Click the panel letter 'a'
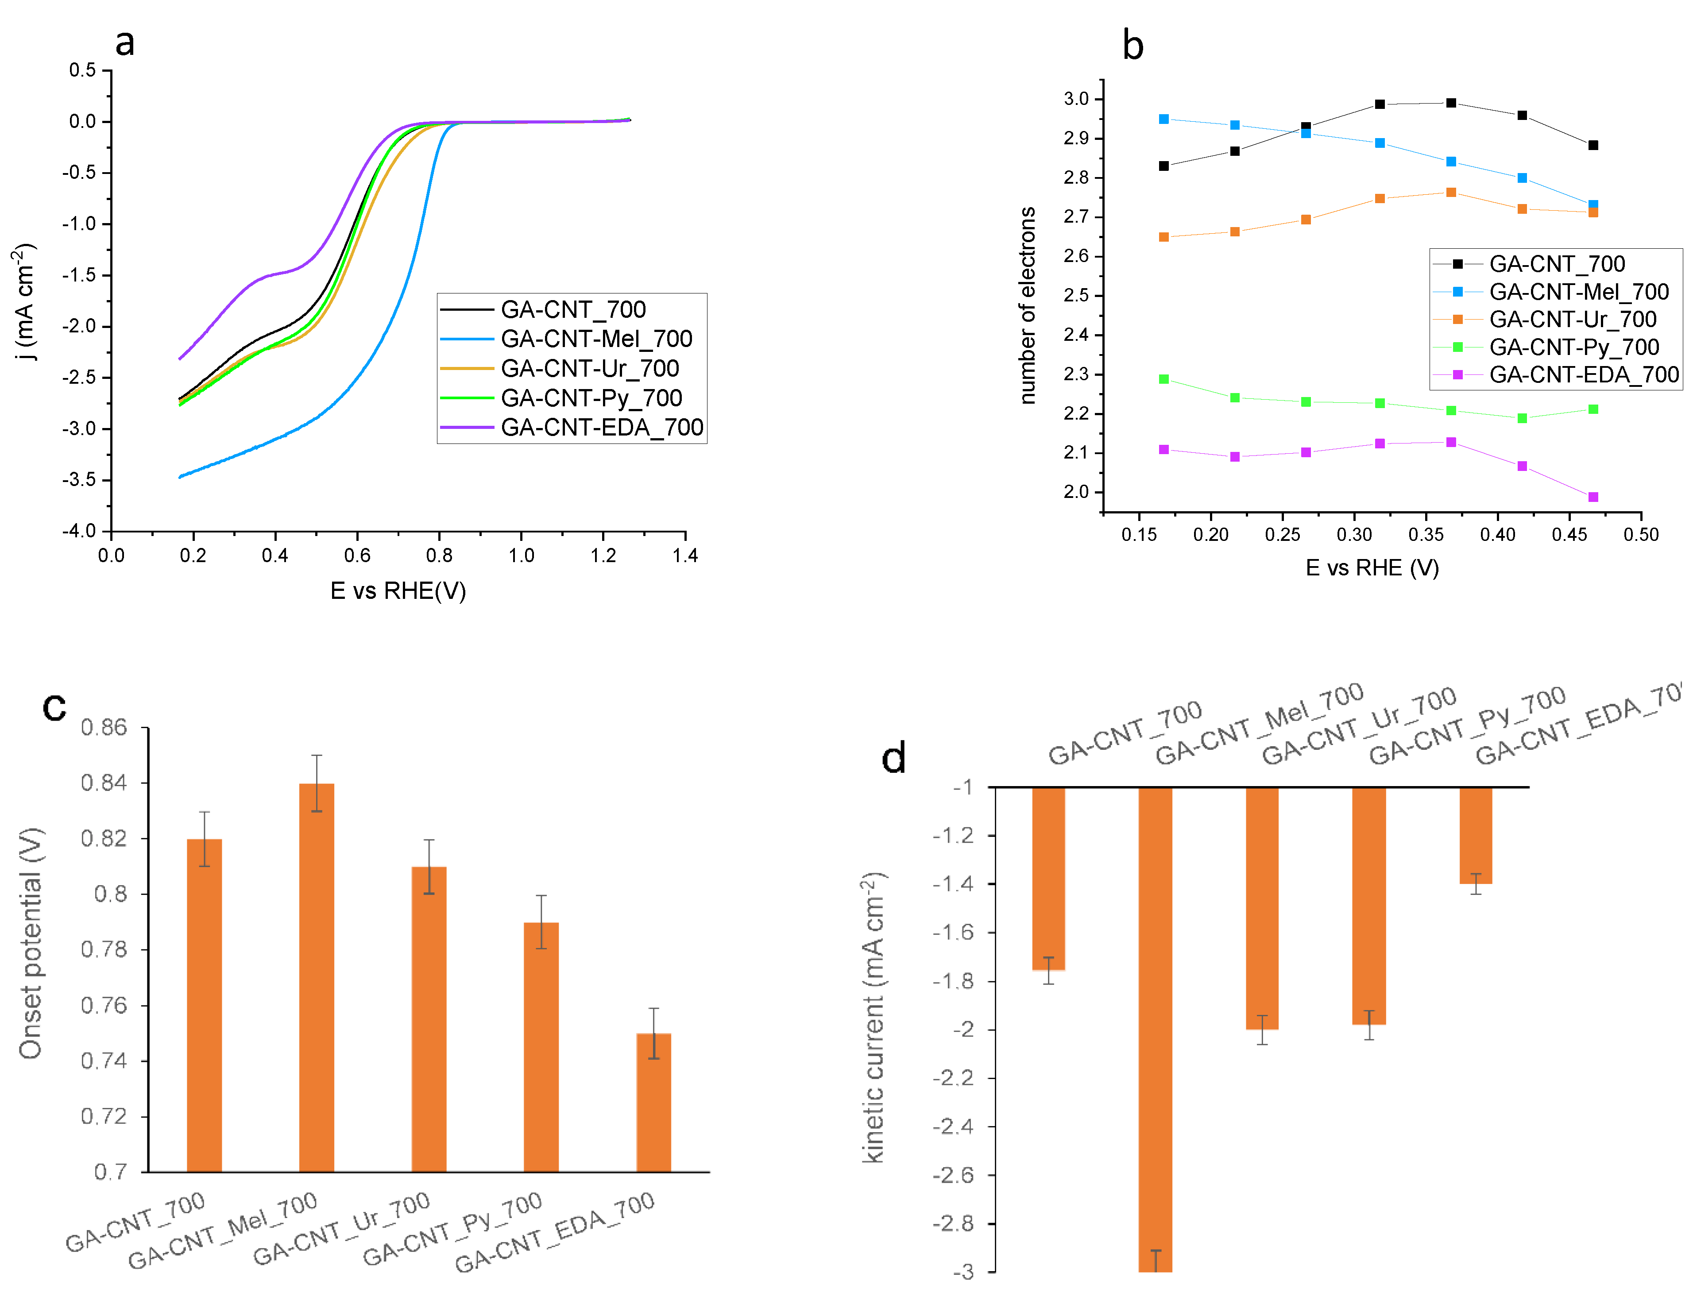tap(124, 42)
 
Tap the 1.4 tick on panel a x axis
tap(684, 555)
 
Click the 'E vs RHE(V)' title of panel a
tap(398, 590)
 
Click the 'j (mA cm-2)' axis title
tap(25, 301)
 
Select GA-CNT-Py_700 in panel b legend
tap(1574, 347)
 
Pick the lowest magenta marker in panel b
tap(1593, 497)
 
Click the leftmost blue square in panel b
tap(1164, 119)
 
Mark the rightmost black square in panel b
tap(1593, 145)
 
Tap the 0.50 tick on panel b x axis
tap(1641, 535)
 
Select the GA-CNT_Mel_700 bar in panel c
tap(316, 977)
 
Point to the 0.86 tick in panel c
tap(104, 728)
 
